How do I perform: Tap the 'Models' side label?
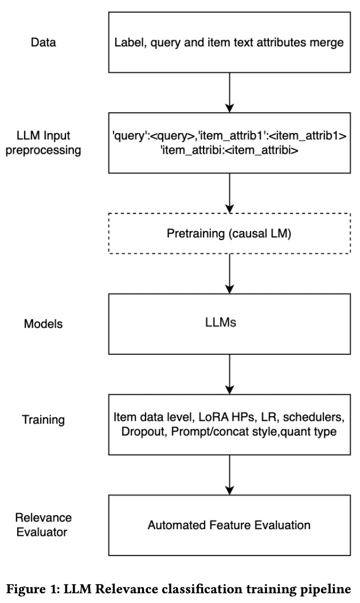coord(43,324)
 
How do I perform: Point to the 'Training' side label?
coord(44,420)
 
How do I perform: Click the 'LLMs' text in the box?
coord(229,323)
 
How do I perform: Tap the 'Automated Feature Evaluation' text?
coord(229,524)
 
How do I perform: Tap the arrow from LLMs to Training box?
coord(229,373)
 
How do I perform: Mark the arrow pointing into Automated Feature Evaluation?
coord(229,473)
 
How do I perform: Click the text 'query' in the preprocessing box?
coord(129,138)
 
